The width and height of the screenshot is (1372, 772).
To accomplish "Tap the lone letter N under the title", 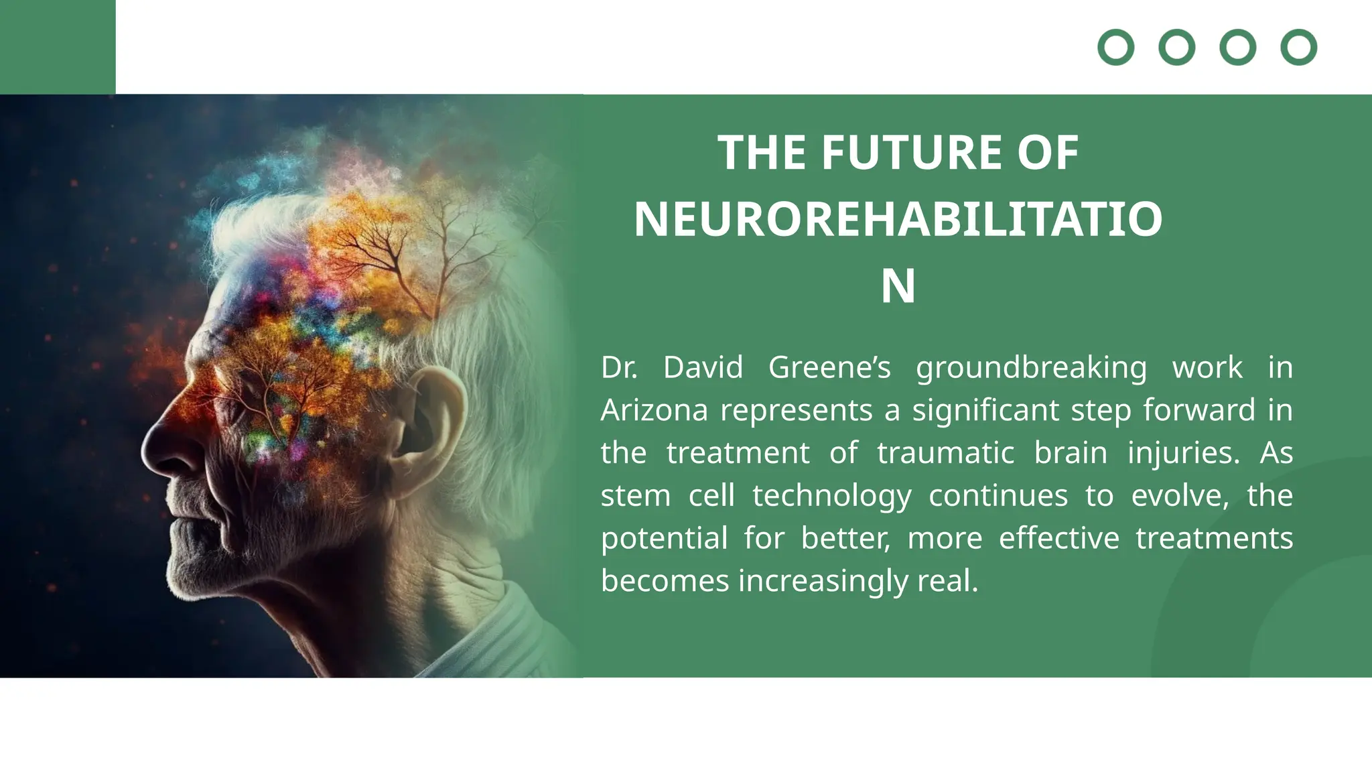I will tap(898, 287).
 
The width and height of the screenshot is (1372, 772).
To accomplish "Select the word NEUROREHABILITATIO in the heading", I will tap(898, 220).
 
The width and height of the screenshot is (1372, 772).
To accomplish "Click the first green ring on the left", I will tap(1115, 48).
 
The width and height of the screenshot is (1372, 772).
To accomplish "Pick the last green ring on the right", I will tap(1298, 48).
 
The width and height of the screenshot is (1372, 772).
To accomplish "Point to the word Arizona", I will tap(654, 410).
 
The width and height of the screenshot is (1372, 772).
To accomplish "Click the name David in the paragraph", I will tap(703, 368).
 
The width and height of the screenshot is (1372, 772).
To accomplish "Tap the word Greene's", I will tap(829, 368).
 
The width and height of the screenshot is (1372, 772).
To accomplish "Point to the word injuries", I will tap(1184, 453).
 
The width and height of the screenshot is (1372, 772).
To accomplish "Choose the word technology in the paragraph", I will tap(831, 497).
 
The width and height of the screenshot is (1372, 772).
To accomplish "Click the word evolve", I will tap(1180, 496).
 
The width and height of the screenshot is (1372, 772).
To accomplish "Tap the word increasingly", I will tap(823, 581).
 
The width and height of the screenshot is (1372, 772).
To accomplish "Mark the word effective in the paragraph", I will tap(1058, 538).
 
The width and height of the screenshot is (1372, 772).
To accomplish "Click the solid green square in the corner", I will tap(58, 46).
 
